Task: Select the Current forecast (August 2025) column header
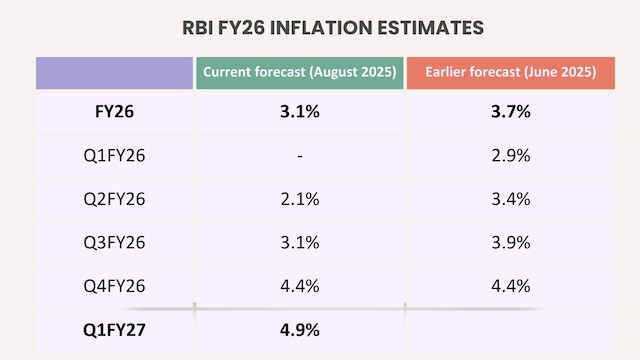click(299, 73)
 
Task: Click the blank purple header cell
click(113, 73)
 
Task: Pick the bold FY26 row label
click(113, 112)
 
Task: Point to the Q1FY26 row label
click(113, 155)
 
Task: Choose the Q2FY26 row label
click(113, 199)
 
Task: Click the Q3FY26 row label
click(113, 243)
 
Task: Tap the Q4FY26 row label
click(113, 286)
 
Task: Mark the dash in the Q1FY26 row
click(299, 156)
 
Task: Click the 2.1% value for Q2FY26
click(299, 199)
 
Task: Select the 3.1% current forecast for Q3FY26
click(299, 243)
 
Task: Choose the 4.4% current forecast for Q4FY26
click(299, 286)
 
